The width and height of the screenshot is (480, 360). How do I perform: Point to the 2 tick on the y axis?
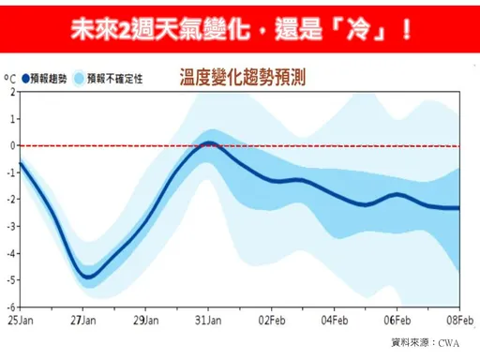11,92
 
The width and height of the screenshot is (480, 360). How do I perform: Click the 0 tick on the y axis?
11,145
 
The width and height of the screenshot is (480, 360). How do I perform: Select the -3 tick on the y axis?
9,226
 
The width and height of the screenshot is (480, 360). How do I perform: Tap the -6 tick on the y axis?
9,306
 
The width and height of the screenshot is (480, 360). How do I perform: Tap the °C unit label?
8,78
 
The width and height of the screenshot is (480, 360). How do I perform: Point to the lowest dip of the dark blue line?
86,277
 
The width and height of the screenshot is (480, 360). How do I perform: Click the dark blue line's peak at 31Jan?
210,143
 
